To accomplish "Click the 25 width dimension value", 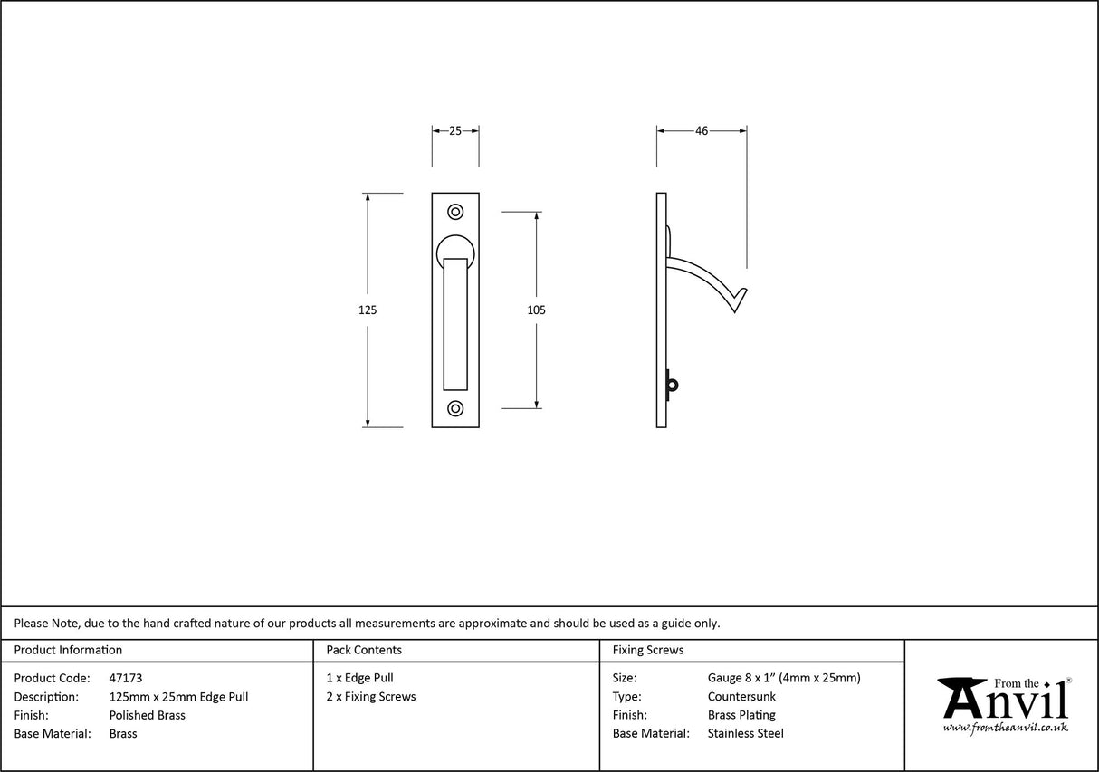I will (x=455, y=130).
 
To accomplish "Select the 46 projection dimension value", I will (x=702, y=130).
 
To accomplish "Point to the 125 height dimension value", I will (x=367, y=310).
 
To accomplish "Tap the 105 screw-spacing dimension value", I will (x=536, y=310).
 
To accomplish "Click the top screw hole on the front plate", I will (x=455, y=212).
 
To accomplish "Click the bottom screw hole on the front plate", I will (x=455, y=408).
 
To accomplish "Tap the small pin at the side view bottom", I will (x=671, y=385).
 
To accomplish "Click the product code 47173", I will (x=125, y=678).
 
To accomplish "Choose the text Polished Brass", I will (x=147, y=715).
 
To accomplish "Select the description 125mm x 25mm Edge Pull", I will (x=178, y=697).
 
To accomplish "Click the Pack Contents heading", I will (x=364, y=650).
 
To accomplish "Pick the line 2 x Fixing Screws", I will (x=371, y=697).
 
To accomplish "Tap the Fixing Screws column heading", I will (x=648, y=650).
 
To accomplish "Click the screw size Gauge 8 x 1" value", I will (x=784, y=678).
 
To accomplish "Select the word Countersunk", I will (x=741, y=697).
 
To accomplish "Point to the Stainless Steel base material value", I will (x=746, y=734).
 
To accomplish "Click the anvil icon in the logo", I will (x=962, y=698).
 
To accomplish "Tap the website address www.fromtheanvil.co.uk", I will (x=1005, y=728).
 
